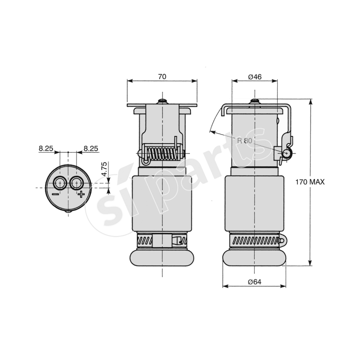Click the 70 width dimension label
[x=162, y=76]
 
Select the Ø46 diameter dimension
[x=255, y=76]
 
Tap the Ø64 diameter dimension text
[x=255, y=282]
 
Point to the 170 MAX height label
[x=310, y=182]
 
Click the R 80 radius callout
[x=245, y=140]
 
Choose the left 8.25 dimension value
[x=46, y=148]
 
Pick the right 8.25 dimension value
[x=90, y=148]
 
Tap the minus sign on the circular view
[x=55, y=194]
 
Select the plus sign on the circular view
[x=81, y=194]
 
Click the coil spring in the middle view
[x=162, y=154]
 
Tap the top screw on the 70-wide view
[x=162, y=100]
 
